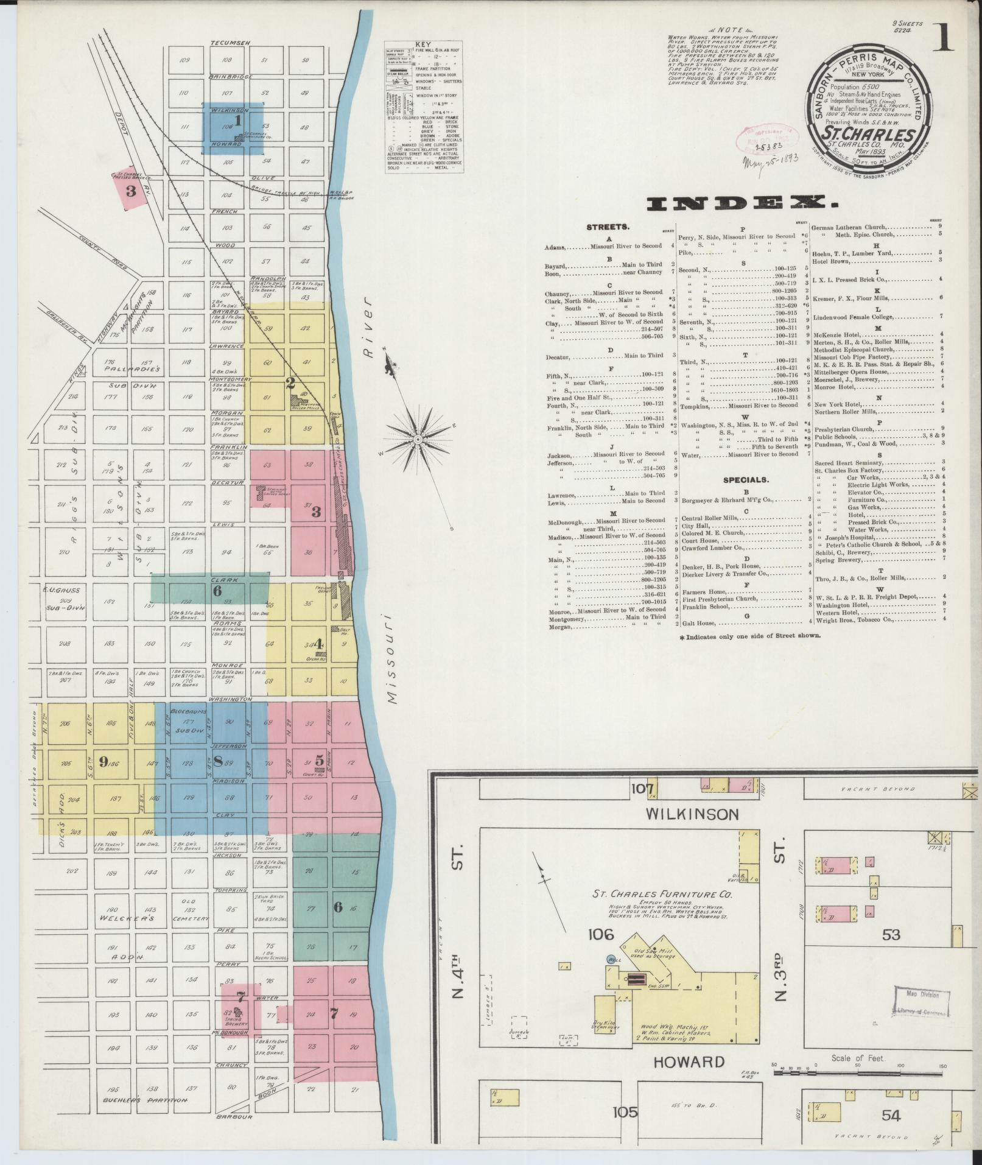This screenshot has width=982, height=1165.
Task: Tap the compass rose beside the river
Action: click(419, 438)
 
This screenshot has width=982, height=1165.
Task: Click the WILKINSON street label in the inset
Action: click(692, 814)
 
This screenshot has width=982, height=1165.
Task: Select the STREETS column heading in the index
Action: click(607, 227)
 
